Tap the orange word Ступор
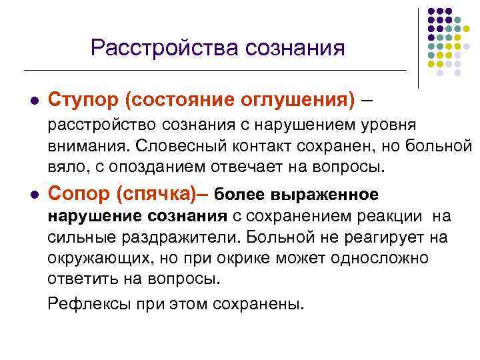coord(84,100)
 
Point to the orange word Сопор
coord(79,194)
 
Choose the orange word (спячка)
coord(155,194)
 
